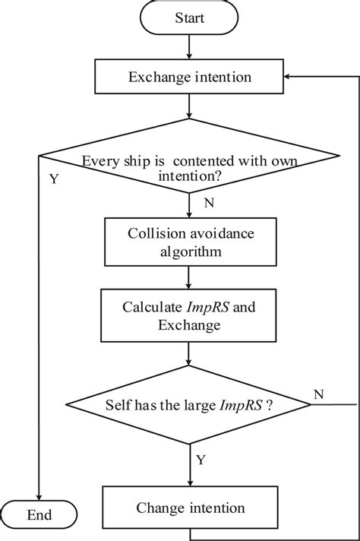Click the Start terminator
coord(189,17)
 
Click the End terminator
coord(39,514)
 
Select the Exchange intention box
coord(189,77)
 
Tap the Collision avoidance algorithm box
coord(189,242)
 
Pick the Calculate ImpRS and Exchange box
coord(189,316)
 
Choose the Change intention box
coord(189,508)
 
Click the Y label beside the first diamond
coord(53,181)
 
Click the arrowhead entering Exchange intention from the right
coord(288,77)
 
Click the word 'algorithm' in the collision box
coord(189,252)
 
